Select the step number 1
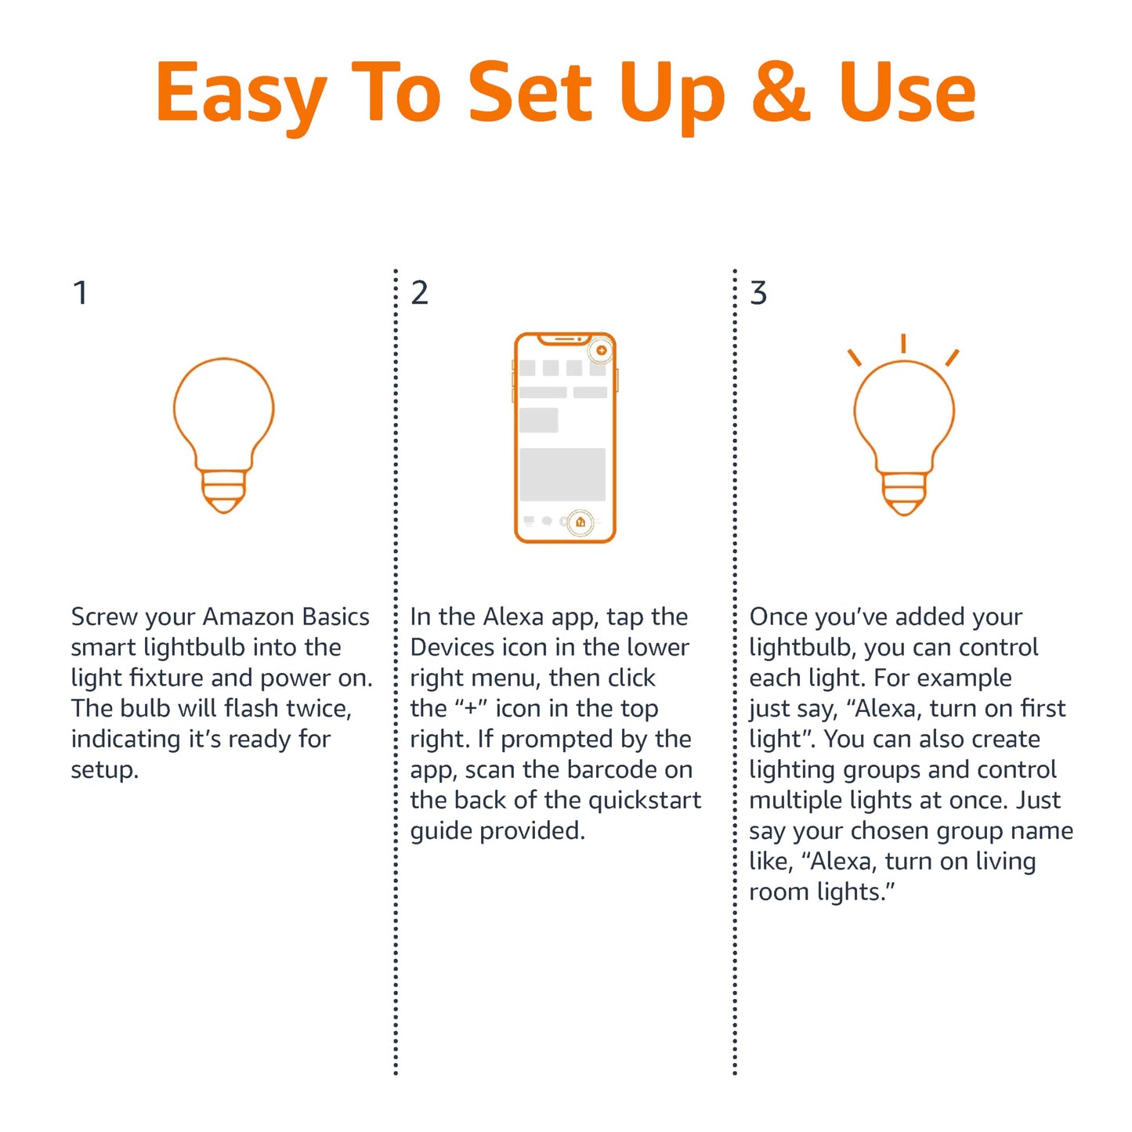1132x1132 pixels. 79,293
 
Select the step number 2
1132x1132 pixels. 419,293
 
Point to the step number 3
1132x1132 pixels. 758,293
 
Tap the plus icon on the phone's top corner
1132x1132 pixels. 601,350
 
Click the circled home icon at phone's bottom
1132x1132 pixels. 580,522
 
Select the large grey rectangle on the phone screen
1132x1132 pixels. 562,474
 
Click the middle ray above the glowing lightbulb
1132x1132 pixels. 903,343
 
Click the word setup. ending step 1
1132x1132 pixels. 104,769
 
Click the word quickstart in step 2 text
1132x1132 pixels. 644,800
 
